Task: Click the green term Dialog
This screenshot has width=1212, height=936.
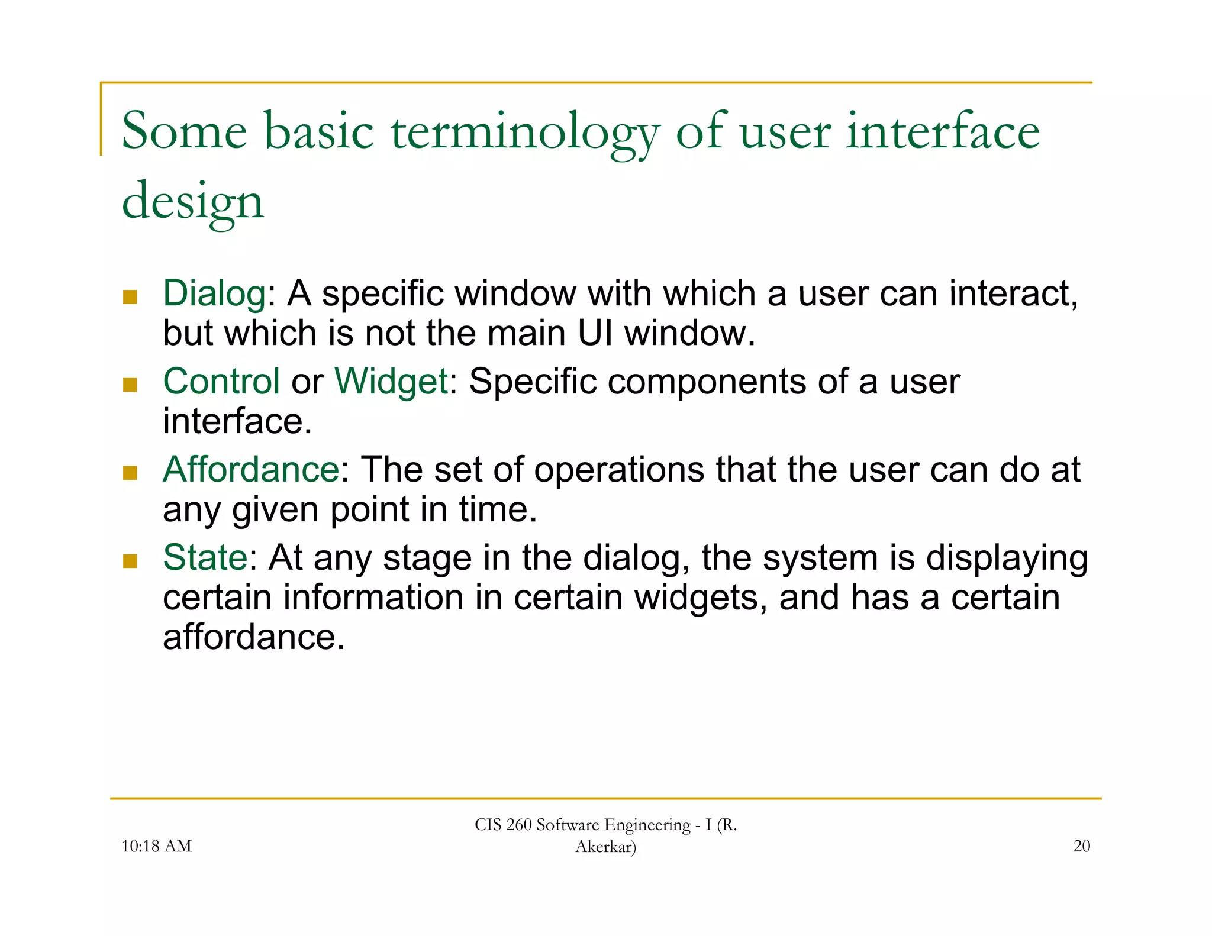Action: (214, 294)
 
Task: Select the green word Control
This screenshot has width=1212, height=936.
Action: (221, 381)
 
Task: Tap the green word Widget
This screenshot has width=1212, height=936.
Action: (391, 381)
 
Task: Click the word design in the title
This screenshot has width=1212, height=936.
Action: (192, 201)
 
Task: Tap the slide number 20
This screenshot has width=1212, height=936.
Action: (1081, 846)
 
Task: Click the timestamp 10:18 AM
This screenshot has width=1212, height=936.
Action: (156, 846)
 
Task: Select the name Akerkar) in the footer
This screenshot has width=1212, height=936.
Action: (605, 847)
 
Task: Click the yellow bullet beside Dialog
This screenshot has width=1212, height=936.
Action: (130, 296)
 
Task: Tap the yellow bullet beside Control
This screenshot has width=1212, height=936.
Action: (130, 385)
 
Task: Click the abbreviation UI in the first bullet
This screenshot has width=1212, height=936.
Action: (595, 333)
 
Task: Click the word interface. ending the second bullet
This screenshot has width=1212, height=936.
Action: (237, 421)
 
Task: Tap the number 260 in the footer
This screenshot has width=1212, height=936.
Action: (519, 825)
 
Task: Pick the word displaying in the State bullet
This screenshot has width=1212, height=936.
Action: (1007, 559)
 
